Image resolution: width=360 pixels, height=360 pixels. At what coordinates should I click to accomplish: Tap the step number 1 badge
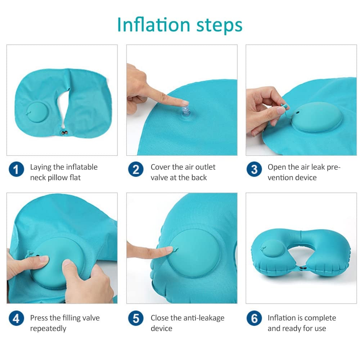click(x=17, y=169)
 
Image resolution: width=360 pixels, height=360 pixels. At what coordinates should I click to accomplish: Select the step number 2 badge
click(x=136, y=169)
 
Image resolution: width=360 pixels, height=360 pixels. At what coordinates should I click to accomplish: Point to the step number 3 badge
click(x=255, y=169)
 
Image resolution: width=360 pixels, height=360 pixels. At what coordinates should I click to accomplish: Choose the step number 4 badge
click(x=17, y=318)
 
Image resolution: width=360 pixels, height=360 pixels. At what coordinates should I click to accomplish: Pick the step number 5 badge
click(x=136, y=318)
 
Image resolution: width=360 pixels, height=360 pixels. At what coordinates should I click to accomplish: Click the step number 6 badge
click(x=255, y=318)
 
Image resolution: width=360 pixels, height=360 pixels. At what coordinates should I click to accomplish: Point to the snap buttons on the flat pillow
click(x=65, y=133)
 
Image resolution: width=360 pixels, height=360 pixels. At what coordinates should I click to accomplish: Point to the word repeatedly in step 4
click(x=48, y=328)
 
